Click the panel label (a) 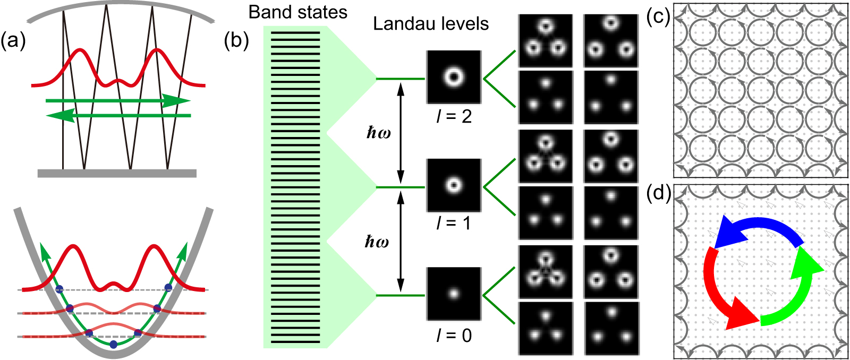coord(14,41)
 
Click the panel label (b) coord(236,41)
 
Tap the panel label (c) coord(658,17)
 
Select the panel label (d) coord(658,193)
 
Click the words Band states coord(297,12)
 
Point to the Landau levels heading coord(430,24)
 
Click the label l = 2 coord(454,116)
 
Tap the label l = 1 coord(454,223)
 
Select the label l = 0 coord(454,336)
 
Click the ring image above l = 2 coord(454,78)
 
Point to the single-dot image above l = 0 coord(454,294)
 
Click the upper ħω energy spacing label coord(379,132)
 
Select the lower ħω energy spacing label coord(377,242)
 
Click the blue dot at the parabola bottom coord(113,345)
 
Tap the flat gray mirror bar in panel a coord(117,173)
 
